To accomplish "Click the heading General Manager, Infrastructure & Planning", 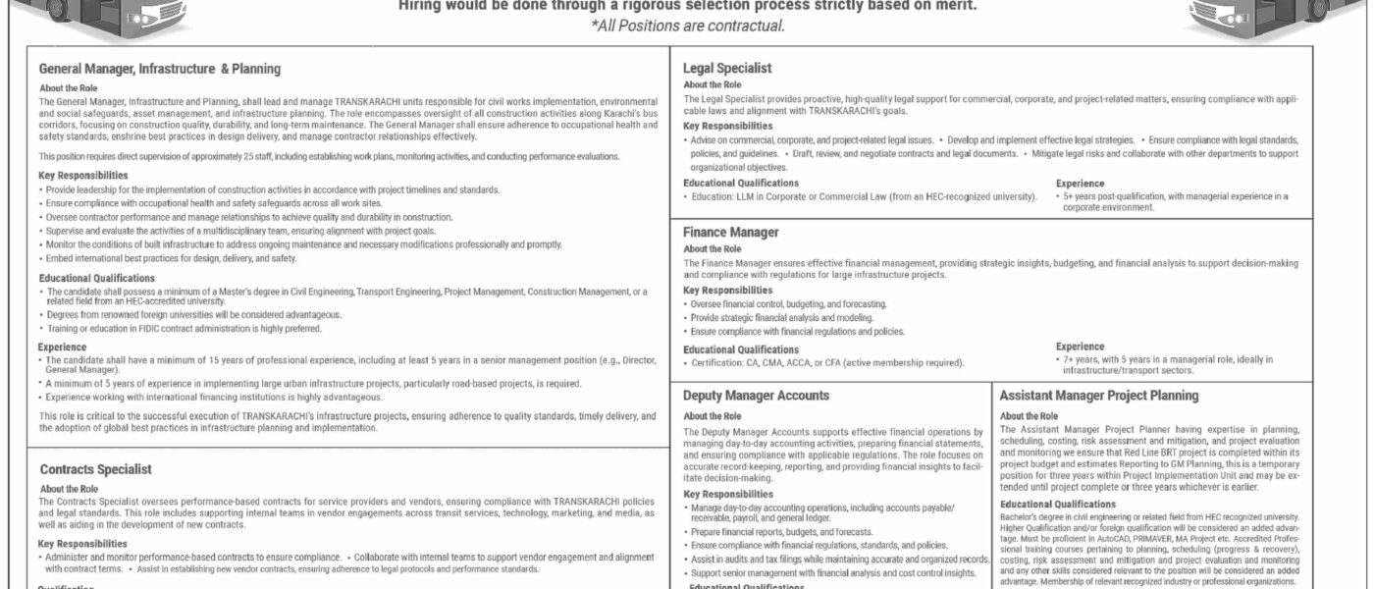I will click(x=160, y=70).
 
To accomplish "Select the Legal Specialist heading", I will click(x=727, y=68).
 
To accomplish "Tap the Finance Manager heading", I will click(x=731, y=233).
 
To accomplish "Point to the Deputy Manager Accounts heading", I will click(x=757, y=396).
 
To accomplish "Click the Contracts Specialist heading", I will click(x=95, y=470).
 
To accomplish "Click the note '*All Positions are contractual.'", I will click(x=687, y=26).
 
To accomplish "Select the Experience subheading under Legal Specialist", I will click(x=1080, y=183).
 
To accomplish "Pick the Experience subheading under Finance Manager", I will click(x=1080, y=347).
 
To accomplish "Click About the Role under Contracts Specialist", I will click(x=68, y=488).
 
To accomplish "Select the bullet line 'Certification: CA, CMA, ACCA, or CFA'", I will click(x=824, y=363).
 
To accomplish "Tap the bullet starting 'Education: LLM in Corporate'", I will click(x=862, y=196).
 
